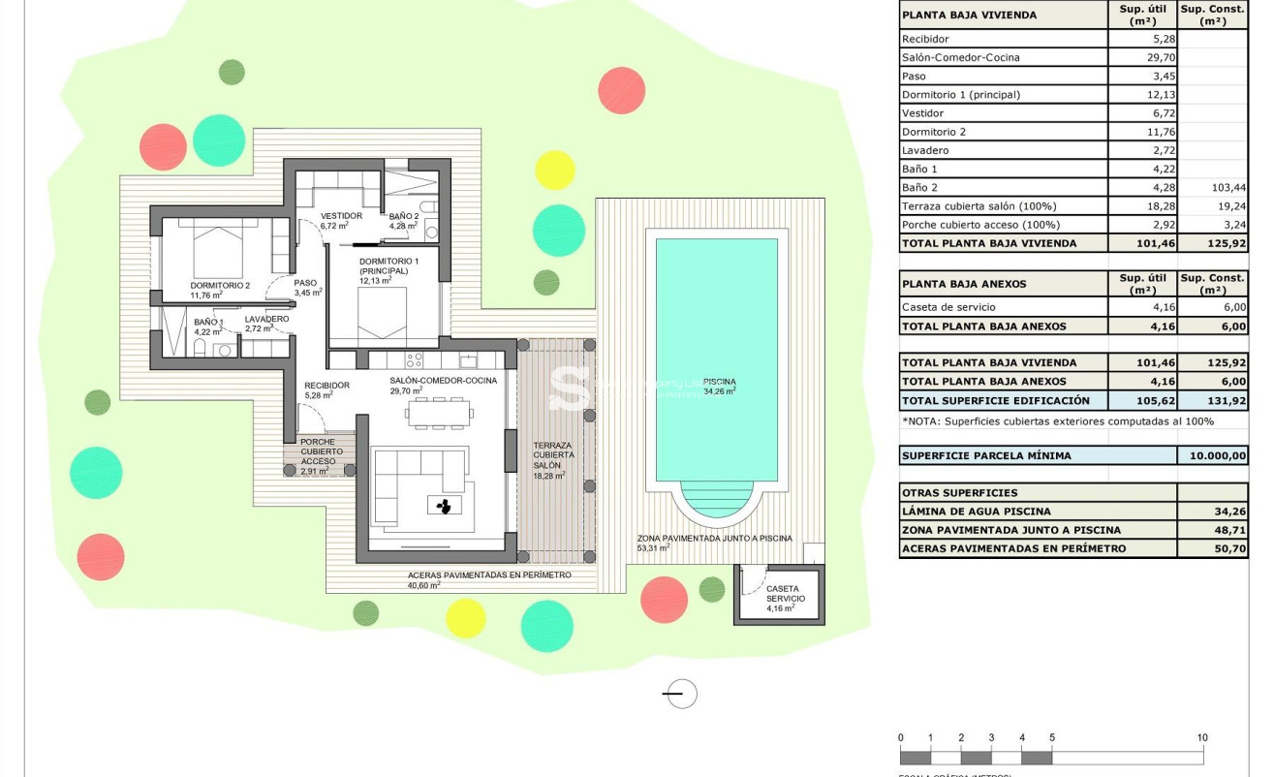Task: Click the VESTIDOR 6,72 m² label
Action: click(x=341, y=220)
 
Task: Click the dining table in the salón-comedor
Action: click(x=440, y=414)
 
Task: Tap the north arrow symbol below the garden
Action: click(x=681, y=694)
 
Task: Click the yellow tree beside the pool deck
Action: click(x=555, y=170)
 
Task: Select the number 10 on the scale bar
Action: click(x=1202, y=737)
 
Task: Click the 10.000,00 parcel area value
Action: click(x=1213, y=455)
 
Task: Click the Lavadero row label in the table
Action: click(x=925, y=150)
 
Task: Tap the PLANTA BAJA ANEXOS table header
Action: click(x=964, y=284)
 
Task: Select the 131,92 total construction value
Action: click(x=1213, y=400)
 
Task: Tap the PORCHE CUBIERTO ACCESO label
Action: click(x=318, y=451)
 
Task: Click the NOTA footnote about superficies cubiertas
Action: click(x=1057, y=420)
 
